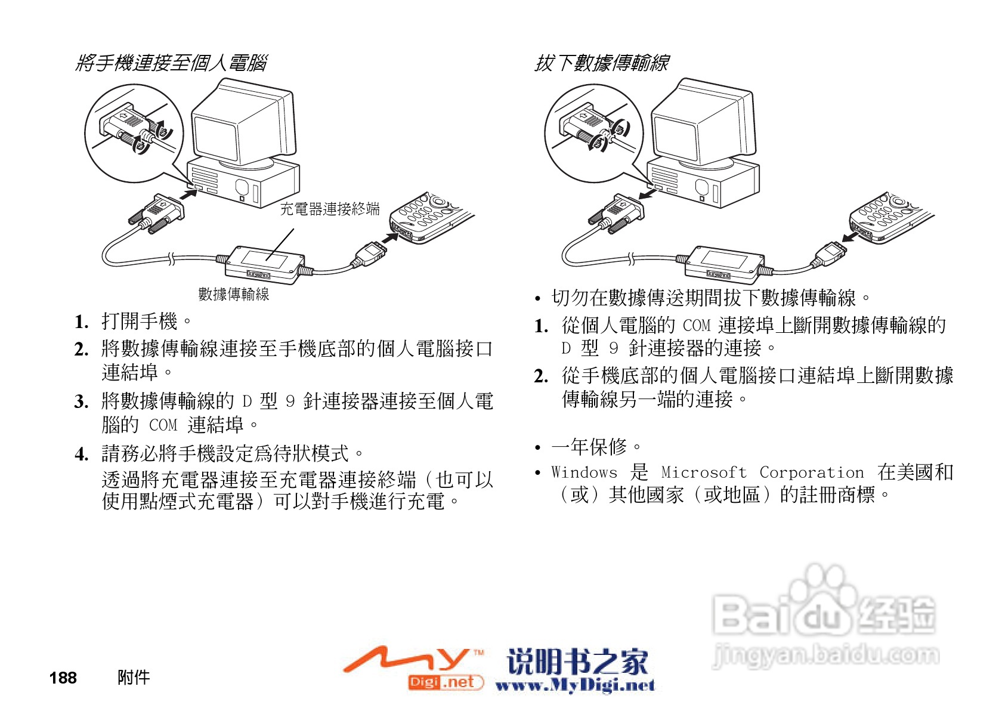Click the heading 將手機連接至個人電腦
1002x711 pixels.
tap(171, 63)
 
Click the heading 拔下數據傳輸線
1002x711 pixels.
tap(601, 63)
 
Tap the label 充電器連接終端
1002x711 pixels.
tap(329, 209)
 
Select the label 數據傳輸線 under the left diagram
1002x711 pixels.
tap(233, 294)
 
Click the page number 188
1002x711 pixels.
tap(63, 678)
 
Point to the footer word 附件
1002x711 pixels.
tap(134, 677)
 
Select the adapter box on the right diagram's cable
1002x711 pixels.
tap(724, 262)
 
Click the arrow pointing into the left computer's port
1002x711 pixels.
tap(188, 194)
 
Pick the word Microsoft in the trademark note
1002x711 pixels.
tap(704, 472)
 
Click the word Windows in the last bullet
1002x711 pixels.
tap(584, 472)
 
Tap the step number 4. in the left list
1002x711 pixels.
tap(82, 455)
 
